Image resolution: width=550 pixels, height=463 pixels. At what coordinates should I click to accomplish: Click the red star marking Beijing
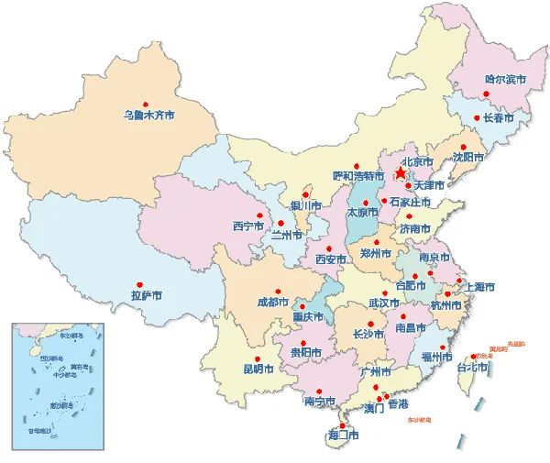tap(401, 171)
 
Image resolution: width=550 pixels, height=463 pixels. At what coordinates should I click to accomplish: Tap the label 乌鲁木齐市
tap(148, 116)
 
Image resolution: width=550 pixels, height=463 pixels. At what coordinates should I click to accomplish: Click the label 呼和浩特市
tap(357, 174)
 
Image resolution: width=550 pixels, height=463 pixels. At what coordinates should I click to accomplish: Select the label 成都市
tap(272, 302)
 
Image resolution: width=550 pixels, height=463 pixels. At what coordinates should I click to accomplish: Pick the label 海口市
tap(343, 435)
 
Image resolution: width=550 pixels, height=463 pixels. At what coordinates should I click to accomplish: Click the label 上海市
tap(479, 287)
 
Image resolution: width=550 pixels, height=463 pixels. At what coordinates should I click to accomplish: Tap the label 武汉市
tap(383, 303)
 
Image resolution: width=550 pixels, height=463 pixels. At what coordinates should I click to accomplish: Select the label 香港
tap(398, 404)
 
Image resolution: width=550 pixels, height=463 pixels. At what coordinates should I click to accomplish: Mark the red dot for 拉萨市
tap(140, 284)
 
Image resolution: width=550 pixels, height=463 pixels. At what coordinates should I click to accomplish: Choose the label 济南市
tap(414, 228)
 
